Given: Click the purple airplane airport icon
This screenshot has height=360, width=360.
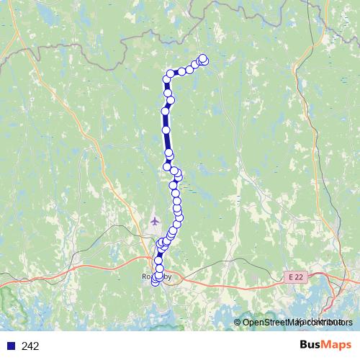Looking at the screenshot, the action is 154,220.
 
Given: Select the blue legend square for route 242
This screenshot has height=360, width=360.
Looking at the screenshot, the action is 10,346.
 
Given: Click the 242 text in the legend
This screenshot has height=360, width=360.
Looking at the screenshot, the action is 30,346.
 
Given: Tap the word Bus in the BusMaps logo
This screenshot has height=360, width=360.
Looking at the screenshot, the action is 310,345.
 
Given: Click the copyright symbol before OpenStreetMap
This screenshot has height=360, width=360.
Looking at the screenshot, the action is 238,322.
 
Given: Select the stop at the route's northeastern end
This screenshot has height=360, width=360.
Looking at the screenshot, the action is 203,59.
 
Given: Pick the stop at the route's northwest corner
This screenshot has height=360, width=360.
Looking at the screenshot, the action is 170,73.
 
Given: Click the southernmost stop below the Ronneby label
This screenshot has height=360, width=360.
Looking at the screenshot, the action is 155,282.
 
